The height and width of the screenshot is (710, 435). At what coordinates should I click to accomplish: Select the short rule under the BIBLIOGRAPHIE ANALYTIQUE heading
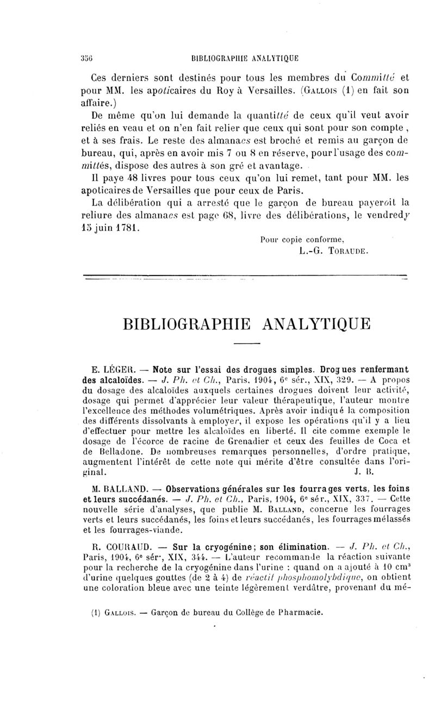(247, 345)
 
